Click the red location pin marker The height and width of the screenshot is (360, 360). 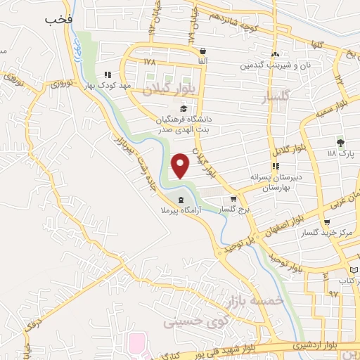click(x=181, y=166)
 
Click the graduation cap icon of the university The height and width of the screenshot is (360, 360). click(x=184, y=108)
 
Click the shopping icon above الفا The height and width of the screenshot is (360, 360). click(x=203, y=51)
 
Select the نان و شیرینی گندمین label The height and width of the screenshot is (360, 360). click(x=275, y=65)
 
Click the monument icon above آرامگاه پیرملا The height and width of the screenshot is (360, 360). click(x=183, y=200)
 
